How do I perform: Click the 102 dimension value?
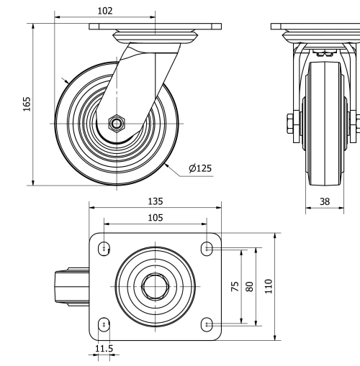104,11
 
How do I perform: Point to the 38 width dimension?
325,202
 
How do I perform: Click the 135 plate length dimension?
155,202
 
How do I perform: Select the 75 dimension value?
235,286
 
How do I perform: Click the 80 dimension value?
250,286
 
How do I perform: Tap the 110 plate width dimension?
268,286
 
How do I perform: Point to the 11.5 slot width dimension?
104,349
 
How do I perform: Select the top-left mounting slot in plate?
105,249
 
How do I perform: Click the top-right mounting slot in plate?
207,249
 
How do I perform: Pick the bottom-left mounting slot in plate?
105,324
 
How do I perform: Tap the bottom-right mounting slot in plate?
207,324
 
